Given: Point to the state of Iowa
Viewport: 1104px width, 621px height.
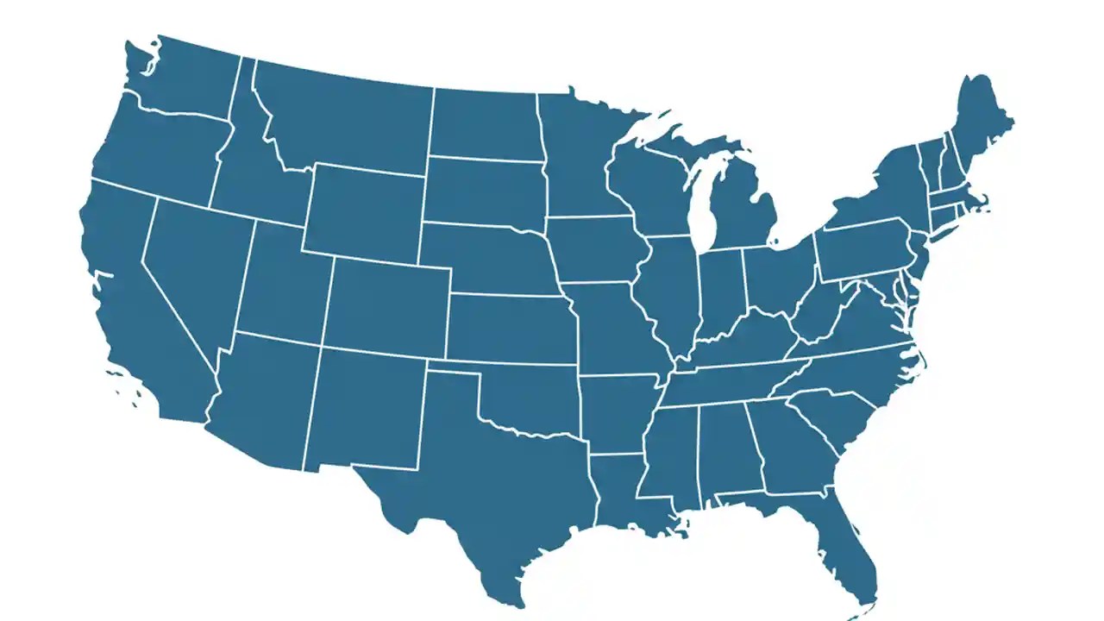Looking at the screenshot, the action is tap(595, 250).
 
